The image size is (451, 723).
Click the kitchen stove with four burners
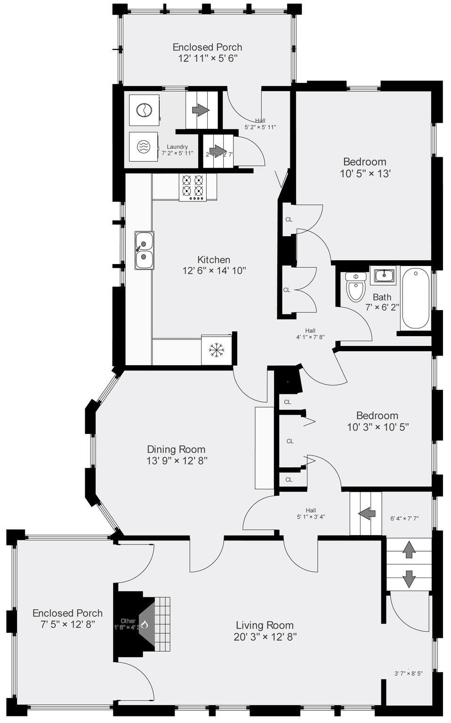coord(193,187)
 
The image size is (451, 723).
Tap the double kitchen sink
coord(144,250)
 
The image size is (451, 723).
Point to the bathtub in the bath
coord(415,298)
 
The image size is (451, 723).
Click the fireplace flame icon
coord(145,625)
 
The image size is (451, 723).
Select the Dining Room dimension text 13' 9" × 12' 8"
coord(177,461)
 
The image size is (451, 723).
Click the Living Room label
coord(265,625)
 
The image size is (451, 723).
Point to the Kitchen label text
coord(214,259)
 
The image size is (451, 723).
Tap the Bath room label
coord(382,297)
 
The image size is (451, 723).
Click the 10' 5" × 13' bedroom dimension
coord(365,174)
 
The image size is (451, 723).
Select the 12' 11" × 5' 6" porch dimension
coord(207,58)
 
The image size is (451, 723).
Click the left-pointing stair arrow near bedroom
coord(366,513)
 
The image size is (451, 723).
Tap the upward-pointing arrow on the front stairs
coord(409,549)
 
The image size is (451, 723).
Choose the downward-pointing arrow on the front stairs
coord(409,578)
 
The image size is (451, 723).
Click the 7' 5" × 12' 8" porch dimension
coord(67,625)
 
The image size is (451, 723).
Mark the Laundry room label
coord(177,147)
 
